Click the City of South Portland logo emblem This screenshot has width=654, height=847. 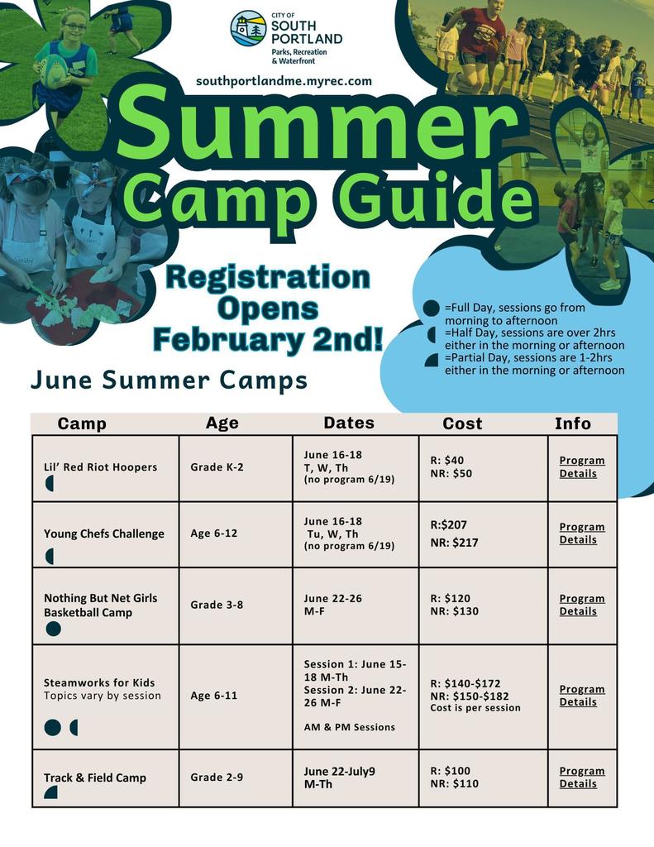click(x=248, y=28)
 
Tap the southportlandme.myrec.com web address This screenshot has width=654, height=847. click(x=284, y=81)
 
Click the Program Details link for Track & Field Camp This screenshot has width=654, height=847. click(x=582, y=778)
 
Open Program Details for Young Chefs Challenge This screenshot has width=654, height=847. click(x=582, y=534)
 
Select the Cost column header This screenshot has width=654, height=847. click(x=462, y=423)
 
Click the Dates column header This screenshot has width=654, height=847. click(x=349, y=423)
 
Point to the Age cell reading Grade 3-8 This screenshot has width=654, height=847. click(x=217, y=605)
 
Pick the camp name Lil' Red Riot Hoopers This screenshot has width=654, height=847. click(x=100, y=467)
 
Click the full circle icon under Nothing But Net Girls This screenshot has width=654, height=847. click(x=53, y=629)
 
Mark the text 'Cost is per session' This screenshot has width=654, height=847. click(x=475, y=708)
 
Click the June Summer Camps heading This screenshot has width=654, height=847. click(x=169, y=380)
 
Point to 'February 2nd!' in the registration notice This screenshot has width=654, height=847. click(x=268, y=338)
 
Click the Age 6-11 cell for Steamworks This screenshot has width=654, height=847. click(x=213, y=696)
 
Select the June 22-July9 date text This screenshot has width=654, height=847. click(x=339, y=771)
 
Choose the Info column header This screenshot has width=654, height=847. click(x=573, y=423)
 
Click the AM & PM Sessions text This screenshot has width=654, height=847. click(x=349, y=727)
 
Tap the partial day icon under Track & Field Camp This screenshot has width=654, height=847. click(x=50, y=792)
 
